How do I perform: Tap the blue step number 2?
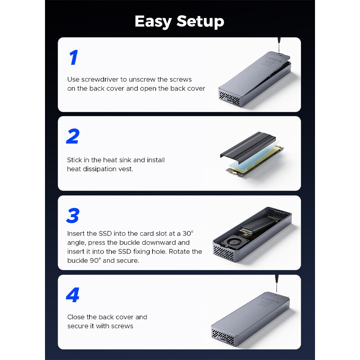tap(72, 136)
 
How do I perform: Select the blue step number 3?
tap(72, 216)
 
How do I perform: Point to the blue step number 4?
tap(73, 295)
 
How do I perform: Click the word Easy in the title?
tap(153, 21)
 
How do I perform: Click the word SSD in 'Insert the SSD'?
tap(106, 234)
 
